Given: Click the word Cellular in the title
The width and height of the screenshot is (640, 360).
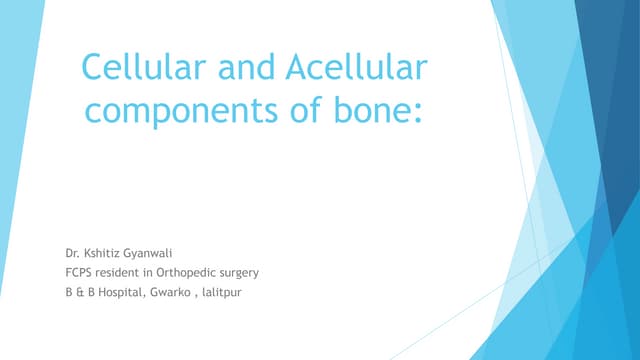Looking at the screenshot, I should (x=129, y=71).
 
